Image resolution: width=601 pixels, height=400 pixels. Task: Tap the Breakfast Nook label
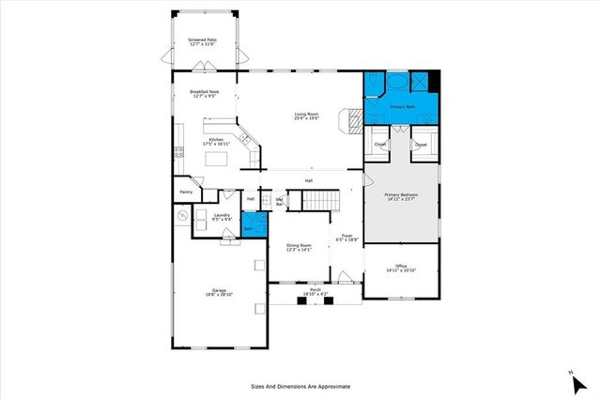204,93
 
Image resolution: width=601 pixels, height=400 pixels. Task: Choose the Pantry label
186,193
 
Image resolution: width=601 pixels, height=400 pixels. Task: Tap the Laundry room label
223,217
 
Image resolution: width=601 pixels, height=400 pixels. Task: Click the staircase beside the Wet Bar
320,201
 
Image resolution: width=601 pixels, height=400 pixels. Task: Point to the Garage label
219,292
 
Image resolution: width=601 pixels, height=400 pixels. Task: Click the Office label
400,268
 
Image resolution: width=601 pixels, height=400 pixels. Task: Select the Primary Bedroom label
401,197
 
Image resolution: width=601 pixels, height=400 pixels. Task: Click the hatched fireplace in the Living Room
354,119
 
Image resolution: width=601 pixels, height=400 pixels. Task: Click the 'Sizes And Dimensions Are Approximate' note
300,386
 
